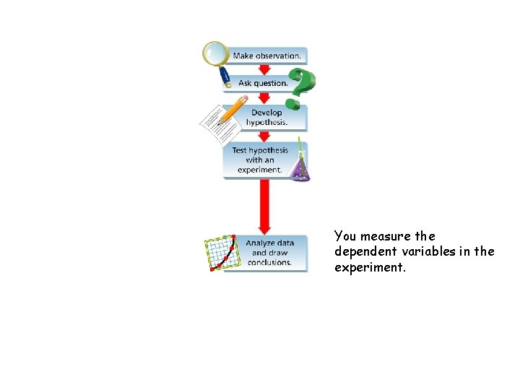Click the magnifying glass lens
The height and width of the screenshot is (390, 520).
click(x=214, y=52)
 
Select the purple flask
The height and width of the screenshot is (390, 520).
click(x=299, y=168)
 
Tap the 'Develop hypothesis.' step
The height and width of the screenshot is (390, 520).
click(x=266, y=118)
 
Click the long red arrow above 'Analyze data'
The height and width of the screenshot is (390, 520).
click(x=264, y=206)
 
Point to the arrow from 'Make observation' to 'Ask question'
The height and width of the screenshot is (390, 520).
click(x=264, y=69)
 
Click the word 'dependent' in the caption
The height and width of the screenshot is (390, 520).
click(x=361, y=251)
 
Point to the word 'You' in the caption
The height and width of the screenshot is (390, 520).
click(x=345, y=236)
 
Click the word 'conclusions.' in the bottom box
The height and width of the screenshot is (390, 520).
click(x=269, y=262)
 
